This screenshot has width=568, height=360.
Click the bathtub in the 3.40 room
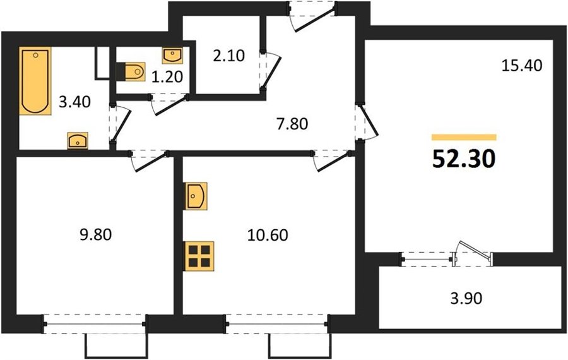[x=35, y=81]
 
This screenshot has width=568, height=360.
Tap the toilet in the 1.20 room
[x=131, y=71]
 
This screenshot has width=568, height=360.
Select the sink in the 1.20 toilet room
[x=172, y=56]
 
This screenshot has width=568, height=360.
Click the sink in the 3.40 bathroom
[x=78, y=141]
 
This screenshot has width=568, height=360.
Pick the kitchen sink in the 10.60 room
[x=196, y=196]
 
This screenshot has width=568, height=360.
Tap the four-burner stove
[x=199, y=256]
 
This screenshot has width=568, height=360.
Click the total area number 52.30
[x=464, y=160]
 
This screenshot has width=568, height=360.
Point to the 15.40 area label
[x=522, y=66]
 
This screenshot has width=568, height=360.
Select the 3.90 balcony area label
[x=466, y=299]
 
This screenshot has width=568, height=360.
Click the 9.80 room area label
[x=96, y=234]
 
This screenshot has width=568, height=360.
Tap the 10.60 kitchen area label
[x=268, y=235]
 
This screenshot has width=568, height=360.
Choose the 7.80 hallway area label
[x=292, y=124]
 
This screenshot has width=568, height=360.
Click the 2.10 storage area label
[x=229, y=56]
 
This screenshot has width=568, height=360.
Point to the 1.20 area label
[x=167, y=77]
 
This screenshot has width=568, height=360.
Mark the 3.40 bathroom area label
[x=74, y=102]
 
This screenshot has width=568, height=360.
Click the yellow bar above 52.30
[x=464, y=137]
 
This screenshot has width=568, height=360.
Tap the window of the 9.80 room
[x=95, y=324]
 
